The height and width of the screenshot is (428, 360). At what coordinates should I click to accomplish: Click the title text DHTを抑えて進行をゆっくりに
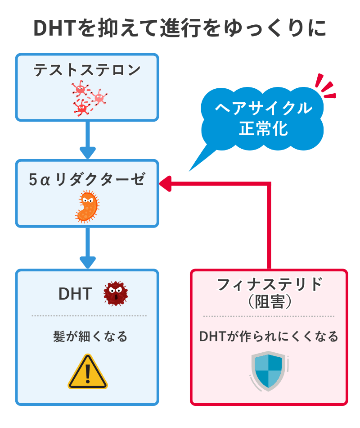(x=180, y=28)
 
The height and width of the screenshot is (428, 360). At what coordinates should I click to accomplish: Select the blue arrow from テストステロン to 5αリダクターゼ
(x=87, y=140)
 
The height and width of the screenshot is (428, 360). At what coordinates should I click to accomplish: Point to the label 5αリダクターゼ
(x=87, y=179)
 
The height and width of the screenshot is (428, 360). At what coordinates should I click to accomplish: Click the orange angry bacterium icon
(x=87, y=206)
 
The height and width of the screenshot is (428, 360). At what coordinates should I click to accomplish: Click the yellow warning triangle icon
(x=88, y=372)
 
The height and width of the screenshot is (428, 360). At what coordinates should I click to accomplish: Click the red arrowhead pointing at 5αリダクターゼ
(x=166, y=183)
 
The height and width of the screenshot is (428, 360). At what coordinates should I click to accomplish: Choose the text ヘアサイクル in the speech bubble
(x=264, y=108)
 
